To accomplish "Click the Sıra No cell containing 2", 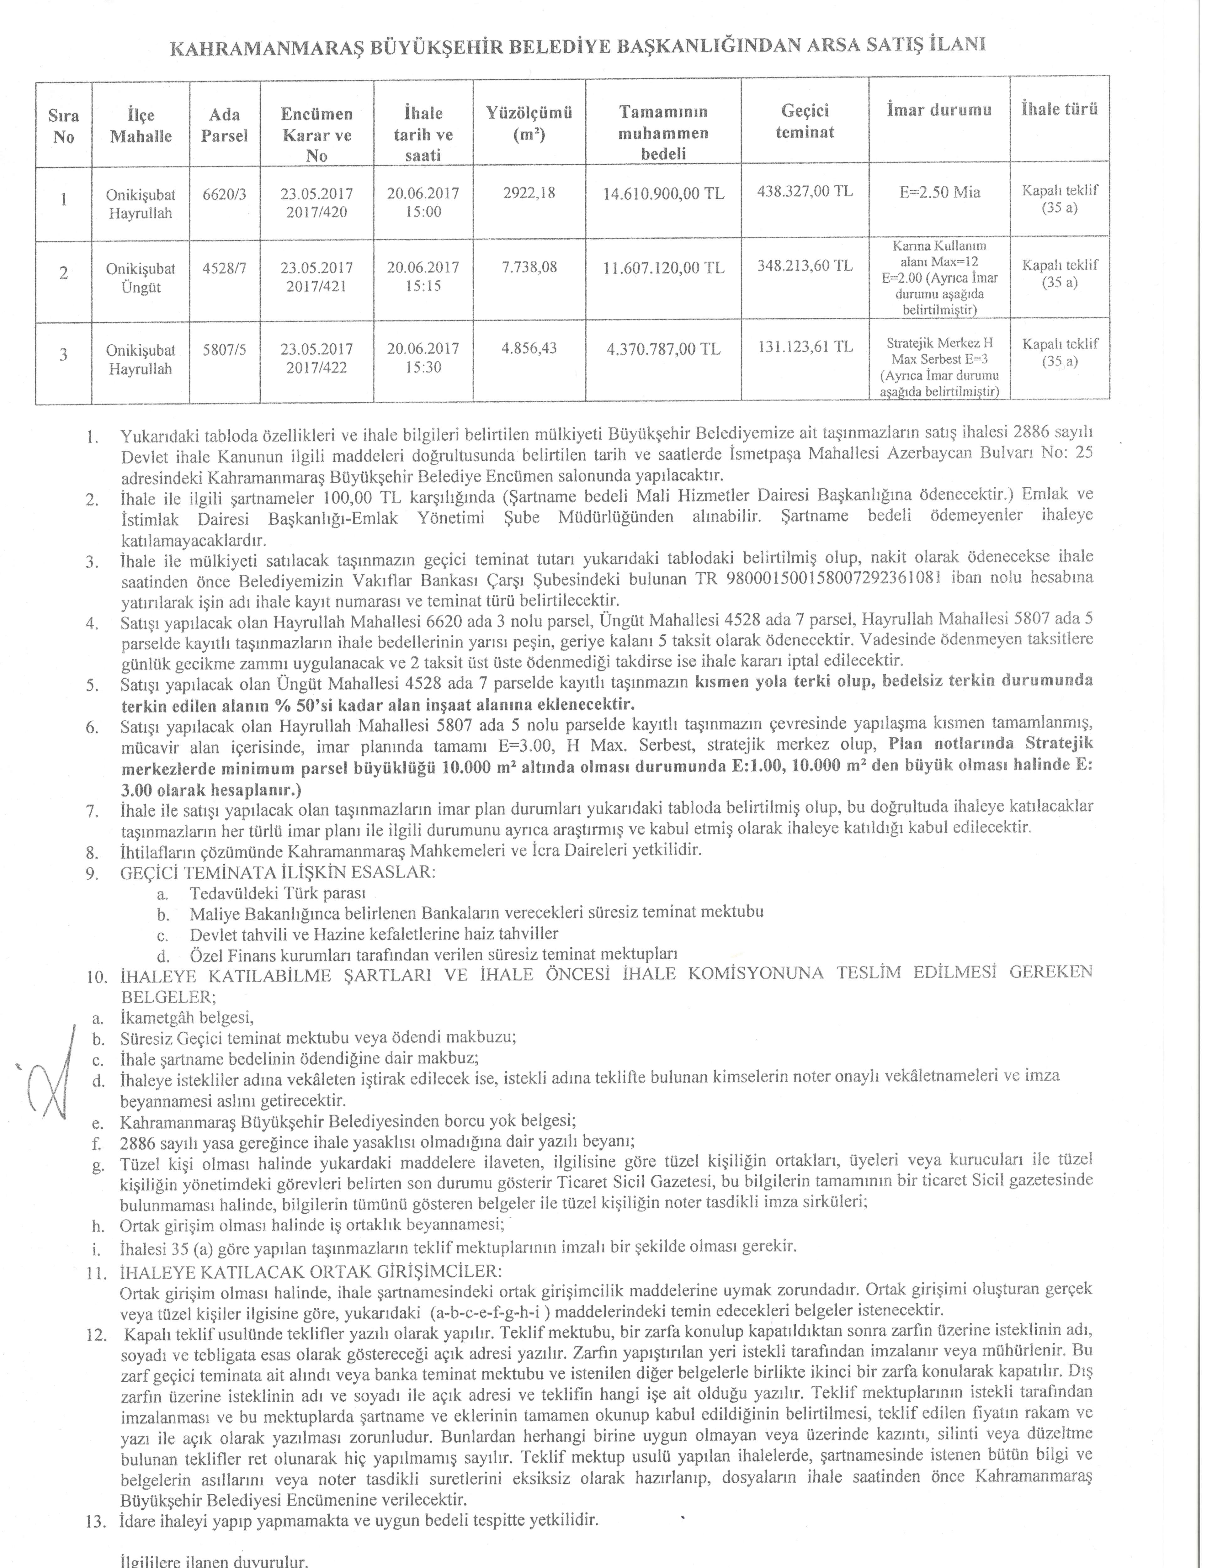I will click(x=63, y=273).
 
